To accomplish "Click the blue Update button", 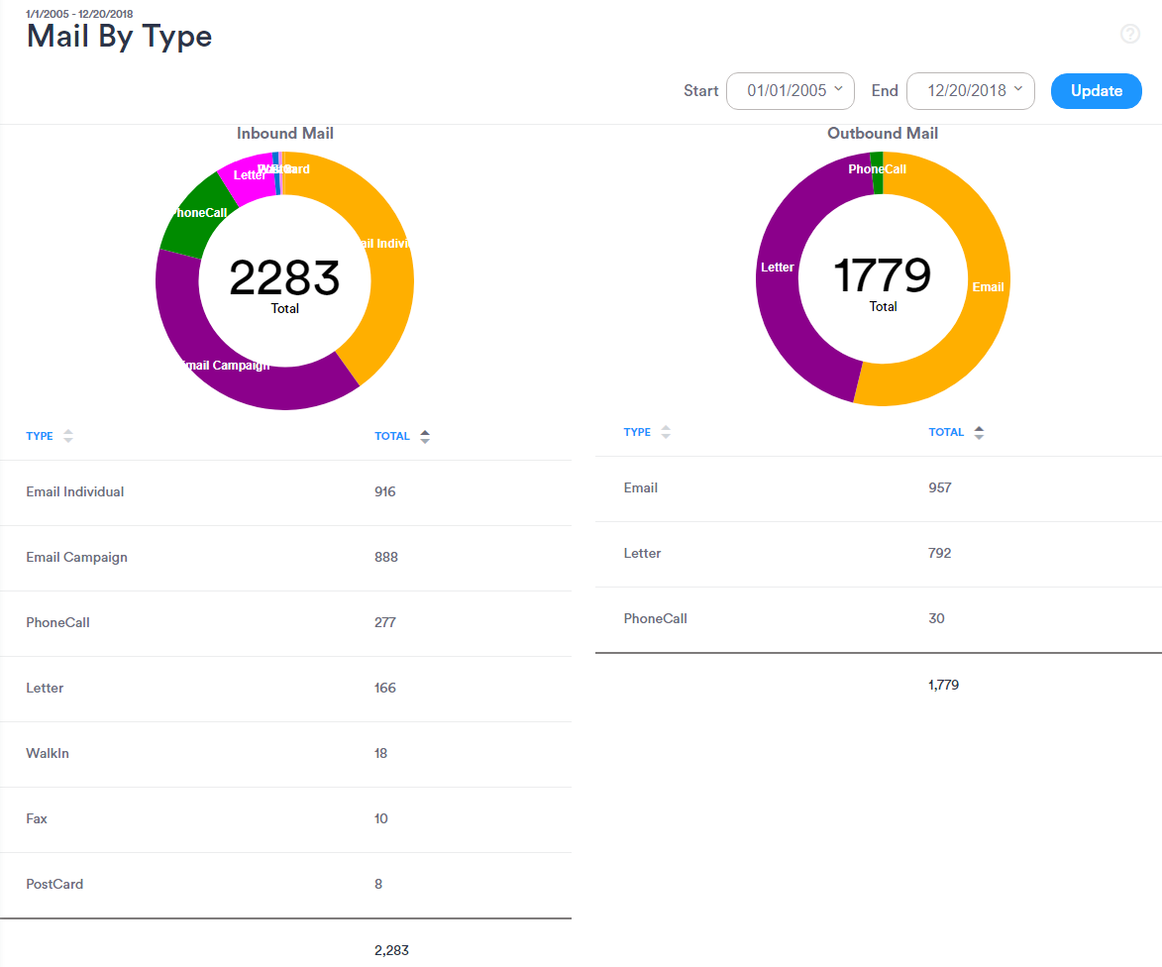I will [1096, 90].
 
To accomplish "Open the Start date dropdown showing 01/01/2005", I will [790, 90].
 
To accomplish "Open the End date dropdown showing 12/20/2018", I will [970, 90].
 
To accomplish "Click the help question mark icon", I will [1130, 34].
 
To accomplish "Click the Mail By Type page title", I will [119, 36].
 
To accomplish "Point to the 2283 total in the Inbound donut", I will [284, 278].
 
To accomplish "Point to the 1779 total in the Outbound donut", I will [882, 275].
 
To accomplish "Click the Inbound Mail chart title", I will [285, 133].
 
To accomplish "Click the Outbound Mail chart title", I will [883, 133].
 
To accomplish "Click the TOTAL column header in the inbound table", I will [392, 436].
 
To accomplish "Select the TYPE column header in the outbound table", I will [637, 432].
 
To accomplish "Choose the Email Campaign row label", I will [76, 557].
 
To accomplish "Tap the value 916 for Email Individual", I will [385, 491].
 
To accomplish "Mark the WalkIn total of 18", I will [381, 753].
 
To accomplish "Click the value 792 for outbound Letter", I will [939, 553].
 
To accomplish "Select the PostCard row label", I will [54, 884].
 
